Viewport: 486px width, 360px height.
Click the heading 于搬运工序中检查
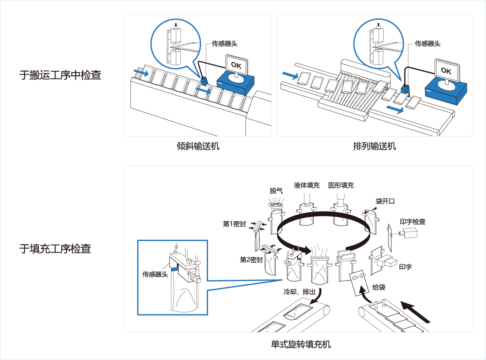61,75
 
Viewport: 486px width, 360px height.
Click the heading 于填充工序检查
55,249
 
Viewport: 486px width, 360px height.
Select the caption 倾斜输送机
198,146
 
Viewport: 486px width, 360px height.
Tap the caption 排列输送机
374,146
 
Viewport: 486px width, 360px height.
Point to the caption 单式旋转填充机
301,344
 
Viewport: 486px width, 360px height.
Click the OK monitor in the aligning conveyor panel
446,71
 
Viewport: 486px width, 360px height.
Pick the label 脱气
276,191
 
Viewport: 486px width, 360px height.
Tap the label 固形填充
341,185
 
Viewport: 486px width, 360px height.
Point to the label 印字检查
412,222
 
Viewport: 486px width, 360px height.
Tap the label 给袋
379,287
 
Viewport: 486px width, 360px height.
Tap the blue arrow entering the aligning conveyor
289,75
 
